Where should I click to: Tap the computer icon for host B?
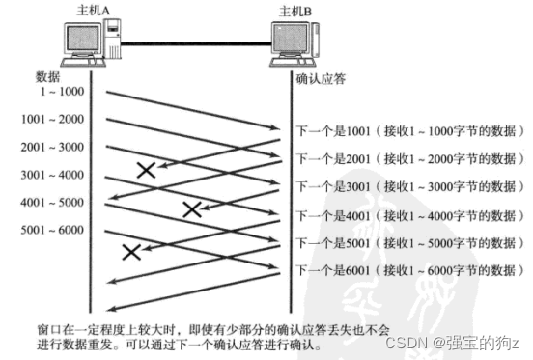click(x=295, y=44)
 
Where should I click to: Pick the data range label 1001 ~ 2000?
click(x=54, y=120)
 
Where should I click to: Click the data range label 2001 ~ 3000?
click(x=54, y=149)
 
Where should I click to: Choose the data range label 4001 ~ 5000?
click(x=54, y=205)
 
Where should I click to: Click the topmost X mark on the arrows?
click(x=147, y=170)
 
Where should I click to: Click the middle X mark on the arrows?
click(x=192, y=208)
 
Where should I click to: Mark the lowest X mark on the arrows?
click(x=131, y=252)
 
